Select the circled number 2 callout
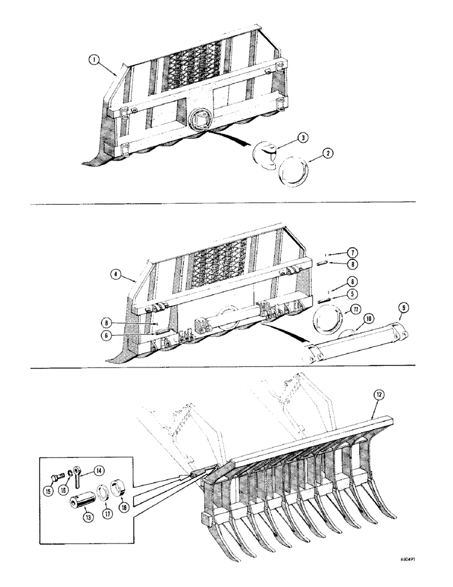[327, 154]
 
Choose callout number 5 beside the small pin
[351, 293]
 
